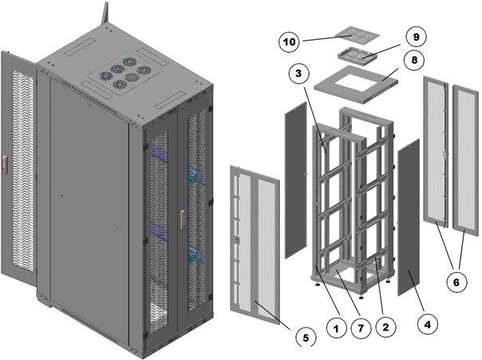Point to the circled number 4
click(x=428, y=325)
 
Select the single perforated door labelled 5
click(x=253, y=239)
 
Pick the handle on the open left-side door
click(x=5, y=164)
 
